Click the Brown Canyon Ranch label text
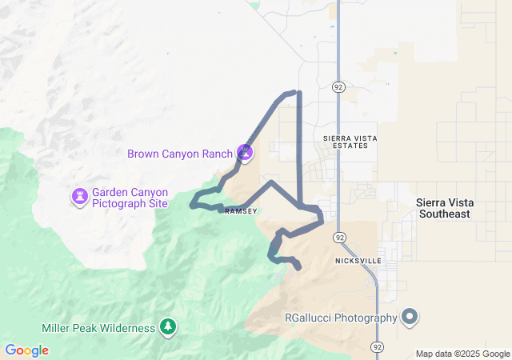[179, 154]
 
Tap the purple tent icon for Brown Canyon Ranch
[245, 152]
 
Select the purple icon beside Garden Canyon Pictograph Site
[80, 196]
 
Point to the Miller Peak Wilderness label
[98, 328]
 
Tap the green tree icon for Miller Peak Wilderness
[167, 326]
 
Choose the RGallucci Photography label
[341, 318]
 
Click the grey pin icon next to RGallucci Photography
[410, 317]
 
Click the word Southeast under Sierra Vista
[444, 214]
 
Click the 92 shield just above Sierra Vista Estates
[339, 86]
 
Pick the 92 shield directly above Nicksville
[340, 238]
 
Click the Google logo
[26, 350]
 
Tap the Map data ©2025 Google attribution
[462, 354]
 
